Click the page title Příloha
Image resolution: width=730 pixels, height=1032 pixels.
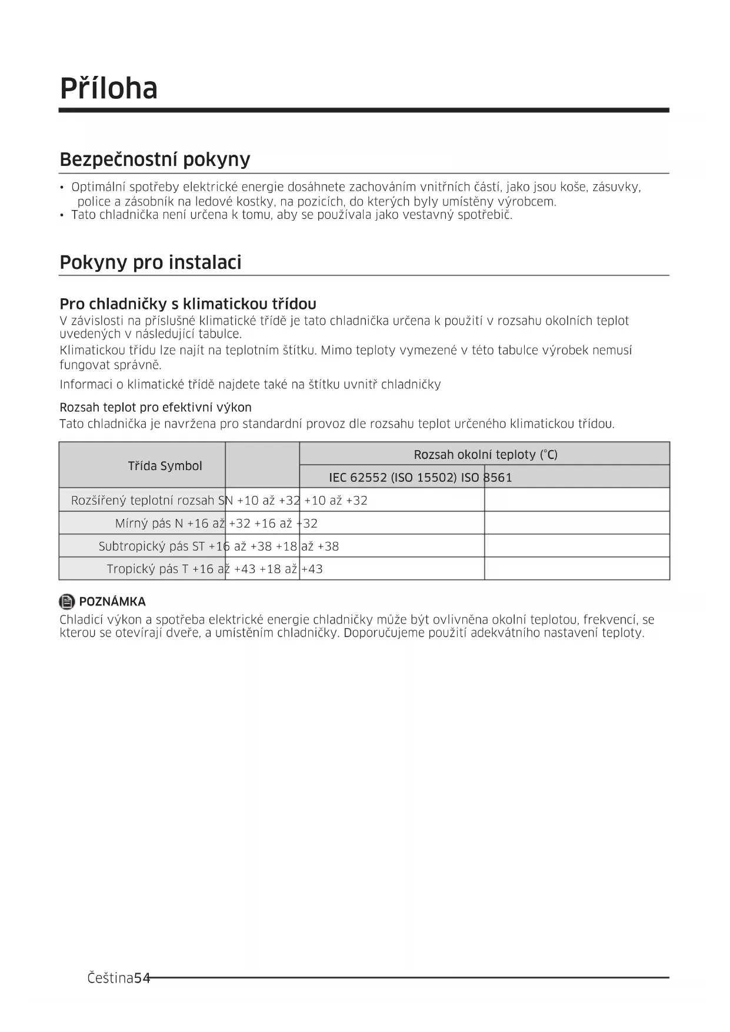point(109,88)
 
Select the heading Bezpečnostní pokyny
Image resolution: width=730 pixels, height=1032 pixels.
point(155,159)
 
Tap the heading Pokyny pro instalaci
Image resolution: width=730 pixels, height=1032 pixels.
point(151,262)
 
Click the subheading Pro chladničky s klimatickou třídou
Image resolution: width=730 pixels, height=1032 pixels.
point(188,304)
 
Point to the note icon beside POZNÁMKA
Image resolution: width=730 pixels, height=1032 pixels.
point(67,602)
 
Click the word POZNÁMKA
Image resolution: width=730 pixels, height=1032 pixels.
point(112,602)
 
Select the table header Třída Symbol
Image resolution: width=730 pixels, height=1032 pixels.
point(165,466)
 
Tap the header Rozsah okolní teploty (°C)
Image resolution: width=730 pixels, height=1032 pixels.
point(485,455)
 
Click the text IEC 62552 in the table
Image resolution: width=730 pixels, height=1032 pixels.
point(357,478)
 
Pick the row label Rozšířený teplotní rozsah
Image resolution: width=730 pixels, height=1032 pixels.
point(142,501)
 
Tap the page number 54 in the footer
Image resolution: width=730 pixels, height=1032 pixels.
point(142,978)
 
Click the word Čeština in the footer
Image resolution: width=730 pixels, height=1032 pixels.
point(110,978)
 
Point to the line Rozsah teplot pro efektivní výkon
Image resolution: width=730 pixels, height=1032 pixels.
point(155,408)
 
